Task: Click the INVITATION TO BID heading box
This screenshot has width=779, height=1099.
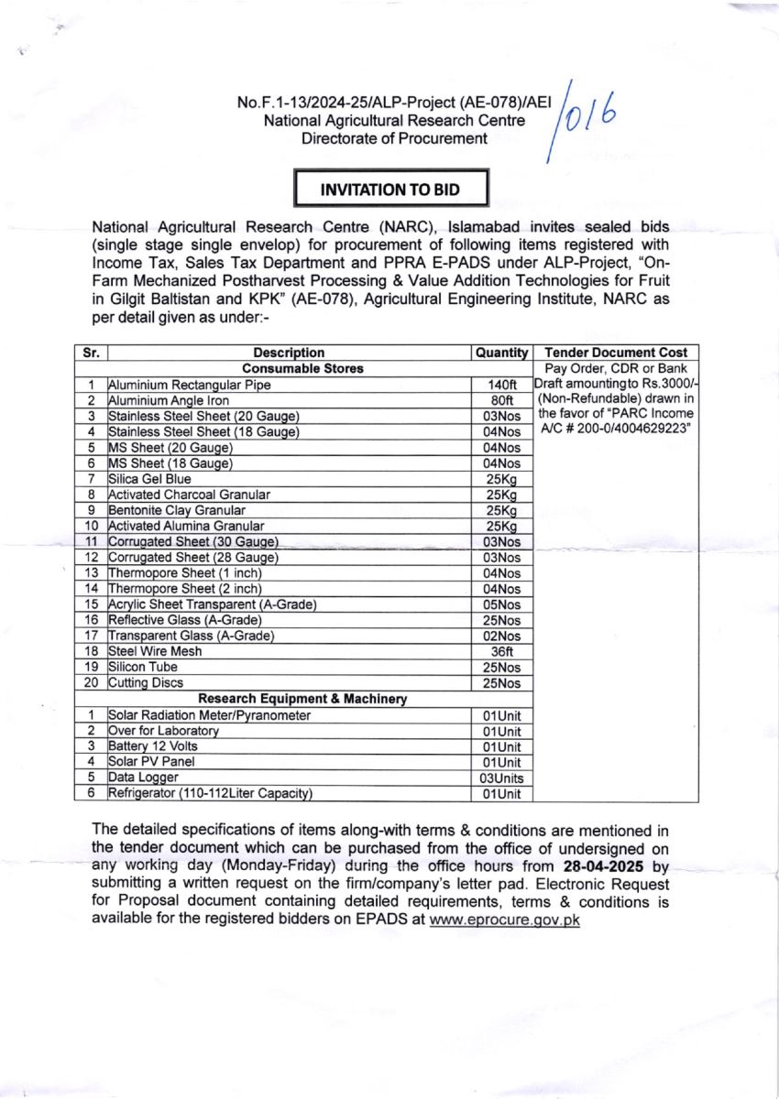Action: click(x=389, y=190)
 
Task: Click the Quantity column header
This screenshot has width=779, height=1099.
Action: click(x=501, y=353)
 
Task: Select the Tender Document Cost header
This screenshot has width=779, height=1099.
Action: click(x=615, y=353)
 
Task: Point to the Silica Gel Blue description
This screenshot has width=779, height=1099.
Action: click(x=149, y=478)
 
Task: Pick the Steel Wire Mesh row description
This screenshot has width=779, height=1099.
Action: click(x=155, y=651)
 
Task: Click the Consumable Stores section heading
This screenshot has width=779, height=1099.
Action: click(x=290, y=368)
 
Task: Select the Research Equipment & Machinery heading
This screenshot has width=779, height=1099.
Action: click(x=290, y=699)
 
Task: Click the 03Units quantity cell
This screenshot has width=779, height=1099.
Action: click(x=501, y=778)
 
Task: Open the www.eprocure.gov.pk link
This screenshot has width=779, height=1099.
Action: click(x=504, y=920)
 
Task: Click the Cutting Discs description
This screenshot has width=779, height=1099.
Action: click(x=146, y=682)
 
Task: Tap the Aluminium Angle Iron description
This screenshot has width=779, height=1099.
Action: click(x=169, y=400)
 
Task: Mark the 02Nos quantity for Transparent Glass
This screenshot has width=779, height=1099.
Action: click(x=501, y=636)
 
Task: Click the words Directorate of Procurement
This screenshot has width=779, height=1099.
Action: click(x=394, y=138)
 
